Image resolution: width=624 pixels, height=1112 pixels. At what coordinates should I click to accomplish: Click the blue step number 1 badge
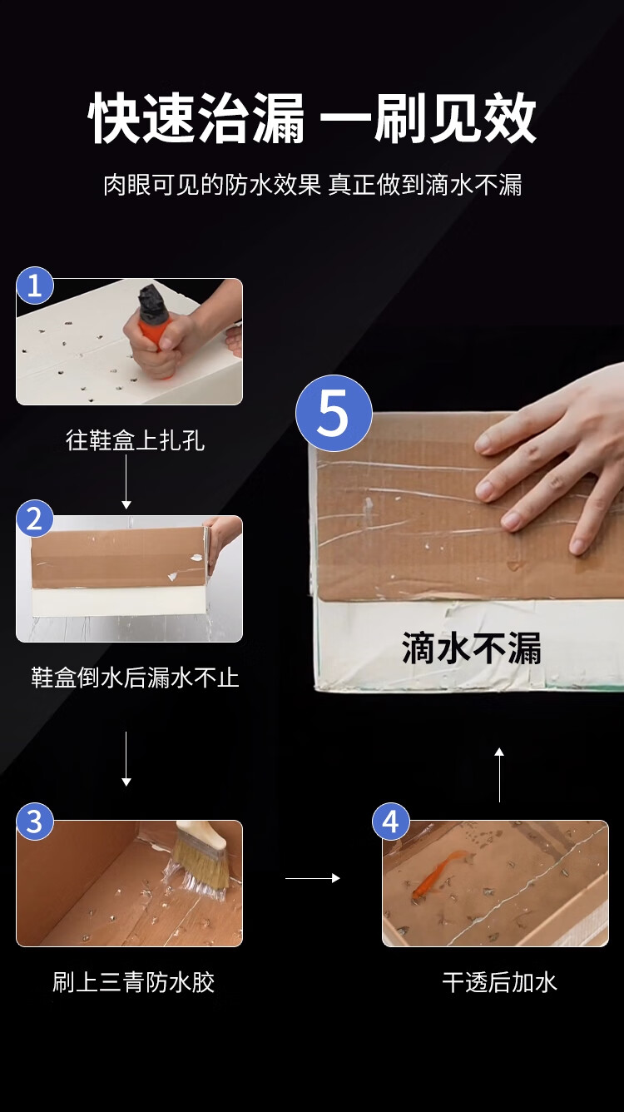35,285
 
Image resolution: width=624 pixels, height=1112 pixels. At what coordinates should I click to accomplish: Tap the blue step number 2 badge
35,519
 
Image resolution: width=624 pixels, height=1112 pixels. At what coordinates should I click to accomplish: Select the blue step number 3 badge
35,822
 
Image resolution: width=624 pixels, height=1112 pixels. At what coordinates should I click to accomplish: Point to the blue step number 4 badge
391,822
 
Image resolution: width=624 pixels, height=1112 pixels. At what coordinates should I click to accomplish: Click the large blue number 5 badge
334,413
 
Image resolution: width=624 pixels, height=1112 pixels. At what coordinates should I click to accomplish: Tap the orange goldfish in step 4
437,874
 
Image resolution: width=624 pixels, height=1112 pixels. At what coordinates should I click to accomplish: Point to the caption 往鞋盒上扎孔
135,440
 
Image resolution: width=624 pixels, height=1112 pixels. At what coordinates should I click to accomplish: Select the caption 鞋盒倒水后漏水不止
135,678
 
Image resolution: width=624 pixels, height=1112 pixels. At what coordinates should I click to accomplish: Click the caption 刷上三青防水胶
134,982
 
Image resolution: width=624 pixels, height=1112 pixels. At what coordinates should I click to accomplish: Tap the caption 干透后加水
500,982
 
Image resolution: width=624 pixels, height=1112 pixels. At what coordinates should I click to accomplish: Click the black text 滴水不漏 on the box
471,648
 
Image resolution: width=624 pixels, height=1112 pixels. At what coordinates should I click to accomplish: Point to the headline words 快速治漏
196,118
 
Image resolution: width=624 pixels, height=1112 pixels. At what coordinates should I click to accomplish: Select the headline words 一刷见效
428,118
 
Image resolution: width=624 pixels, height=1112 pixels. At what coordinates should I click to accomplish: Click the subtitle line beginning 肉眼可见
313,185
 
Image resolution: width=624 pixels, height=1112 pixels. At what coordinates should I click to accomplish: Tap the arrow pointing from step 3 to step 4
312,878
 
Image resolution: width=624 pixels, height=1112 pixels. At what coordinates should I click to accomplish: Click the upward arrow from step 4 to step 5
499,774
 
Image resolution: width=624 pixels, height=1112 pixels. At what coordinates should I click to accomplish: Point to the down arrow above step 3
126,758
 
